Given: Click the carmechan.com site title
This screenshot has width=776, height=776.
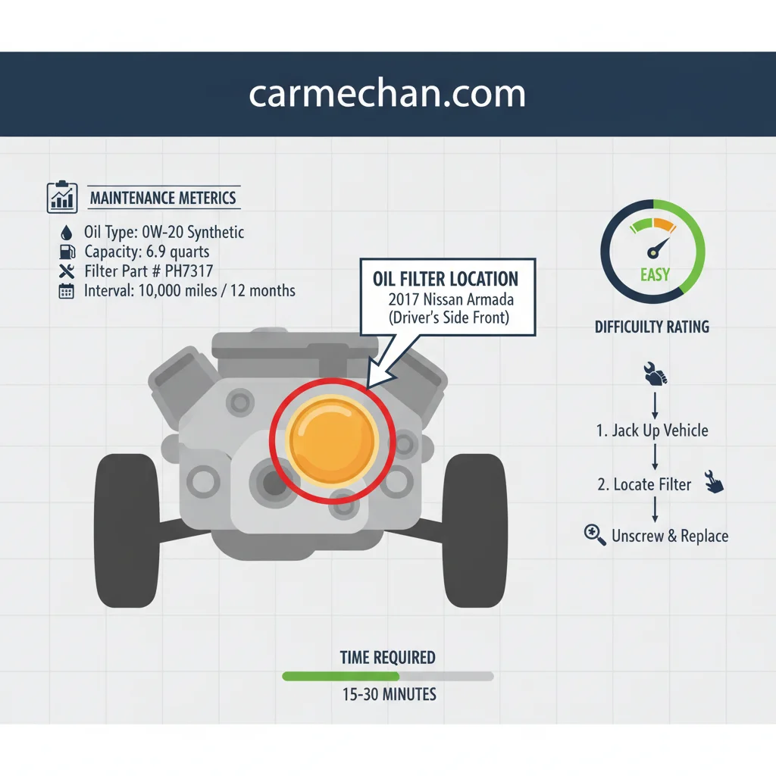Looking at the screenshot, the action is pos(387,93).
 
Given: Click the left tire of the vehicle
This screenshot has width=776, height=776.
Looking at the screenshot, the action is pos(127,530).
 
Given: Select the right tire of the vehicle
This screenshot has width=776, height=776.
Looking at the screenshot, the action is pos(475,530).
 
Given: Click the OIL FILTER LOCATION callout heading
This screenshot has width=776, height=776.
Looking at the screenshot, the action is pos(446,279).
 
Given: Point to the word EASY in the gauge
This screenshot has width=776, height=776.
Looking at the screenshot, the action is pos(655,274).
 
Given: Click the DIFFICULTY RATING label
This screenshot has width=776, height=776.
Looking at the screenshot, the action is pos(652,327).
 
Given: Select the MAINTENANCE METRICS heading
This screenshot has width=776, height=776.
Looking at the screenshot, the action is pos(163,198).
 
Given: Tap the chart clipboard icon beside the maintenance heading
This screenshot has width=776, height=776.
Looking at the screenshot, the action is pos(62,197).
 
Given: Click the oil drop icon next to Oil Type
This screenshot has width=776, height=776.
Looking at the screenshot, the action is pos(67,233).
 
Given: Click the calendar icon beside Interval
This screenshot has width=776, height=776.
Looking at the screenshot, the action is pos(67,291).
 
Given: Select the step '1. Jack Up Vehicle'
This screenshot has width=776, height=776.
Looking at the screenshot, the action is pos(652,430).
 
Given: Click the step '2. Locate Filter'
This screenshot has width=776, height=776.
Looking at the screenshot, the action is pos(644,484).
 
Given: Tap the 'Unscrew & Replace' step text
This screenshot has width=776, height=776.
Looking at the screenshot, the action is pos(670,536).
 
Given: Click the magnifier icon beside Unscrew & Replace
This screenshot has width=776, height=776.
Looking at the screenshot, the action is pos(594,534).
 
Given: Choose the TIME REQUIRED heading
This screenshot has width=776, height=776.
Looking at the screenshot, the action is pos(387,658).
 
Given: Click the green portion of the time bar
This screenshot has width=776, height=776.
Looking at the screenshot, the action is pos(340,677).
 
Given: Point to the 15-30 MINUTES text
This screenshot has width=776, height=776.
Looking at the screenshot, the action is pos(390,695).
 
